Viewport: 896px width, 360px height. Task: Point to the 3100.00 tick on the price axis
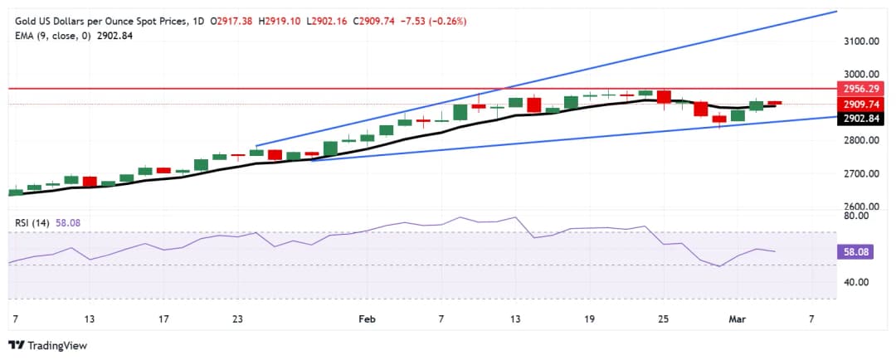861,41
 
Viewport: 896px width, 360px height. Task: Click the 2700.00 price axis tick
861,173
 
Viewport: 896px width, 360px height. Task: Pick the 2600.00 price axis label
861,207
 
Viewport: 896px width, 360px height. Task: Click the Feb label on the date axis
367,319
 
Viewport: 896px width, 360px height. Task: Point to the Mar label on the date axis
737,319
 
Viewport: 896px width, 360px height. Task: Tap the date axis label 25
663,319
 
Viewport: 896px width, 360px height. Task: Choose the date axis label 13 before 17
89,319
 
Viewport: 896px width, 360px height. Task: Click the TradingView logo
47,345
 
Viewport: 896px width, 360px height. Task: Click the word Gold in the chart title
22,21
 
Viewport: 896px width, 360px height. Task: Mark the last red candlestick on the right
774,103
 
